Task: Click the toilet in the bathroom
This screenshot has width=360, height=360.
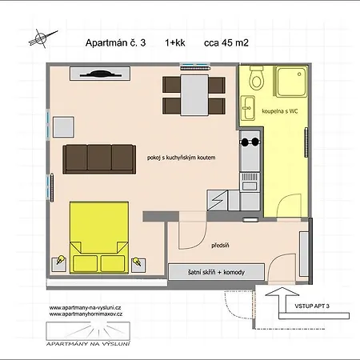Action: coord(257,78)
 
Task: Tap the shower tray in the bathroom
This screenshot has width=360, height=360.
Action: coord(291,82)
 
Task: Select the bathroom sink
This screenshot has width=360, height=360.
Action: coord(248,108)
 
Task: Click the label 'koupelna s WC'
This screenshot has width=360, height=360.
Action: coord(280,111)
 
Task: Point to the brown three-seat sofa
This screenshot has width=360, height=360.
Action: coord(99,159)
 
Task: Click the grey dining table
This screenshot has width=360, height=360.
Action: coord(194,95)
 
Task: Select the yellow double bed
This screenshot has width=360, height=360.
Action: coord(99,238)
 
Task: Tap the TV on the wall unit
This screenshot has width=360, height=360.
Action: coord(100,74)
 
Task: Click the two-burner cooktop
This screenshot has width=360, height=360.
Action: coord(250,142)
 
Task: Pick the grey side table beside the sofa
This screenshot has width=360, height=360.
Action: coord(63,127)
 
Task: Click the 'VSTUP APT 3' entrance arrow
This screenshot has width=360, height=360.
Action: coord(282,300)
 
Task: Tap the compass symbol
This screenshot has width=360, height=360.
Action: coord(42,38)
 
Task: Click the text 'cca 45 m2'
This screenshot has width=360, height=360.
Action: coord(226,43)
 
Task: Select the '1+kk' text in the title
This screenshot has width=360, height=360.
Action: coord(175,43)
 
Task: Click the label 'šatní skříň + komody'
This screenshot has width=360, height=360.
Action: coord(216,272)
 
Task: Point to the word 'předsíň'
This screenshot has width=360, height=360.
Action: coord(220,246)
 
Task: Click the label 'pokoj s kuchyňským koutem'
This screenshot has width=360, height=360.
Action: coord(181,158)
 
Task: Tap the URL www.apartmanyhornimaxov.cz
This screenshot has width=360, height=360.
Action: coord(86,314)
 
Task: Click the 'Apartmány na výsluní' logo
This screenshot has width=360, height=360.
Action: coord(88,334)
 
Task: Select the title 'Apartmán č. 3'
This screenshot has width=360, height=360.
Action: coord(115,43)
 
